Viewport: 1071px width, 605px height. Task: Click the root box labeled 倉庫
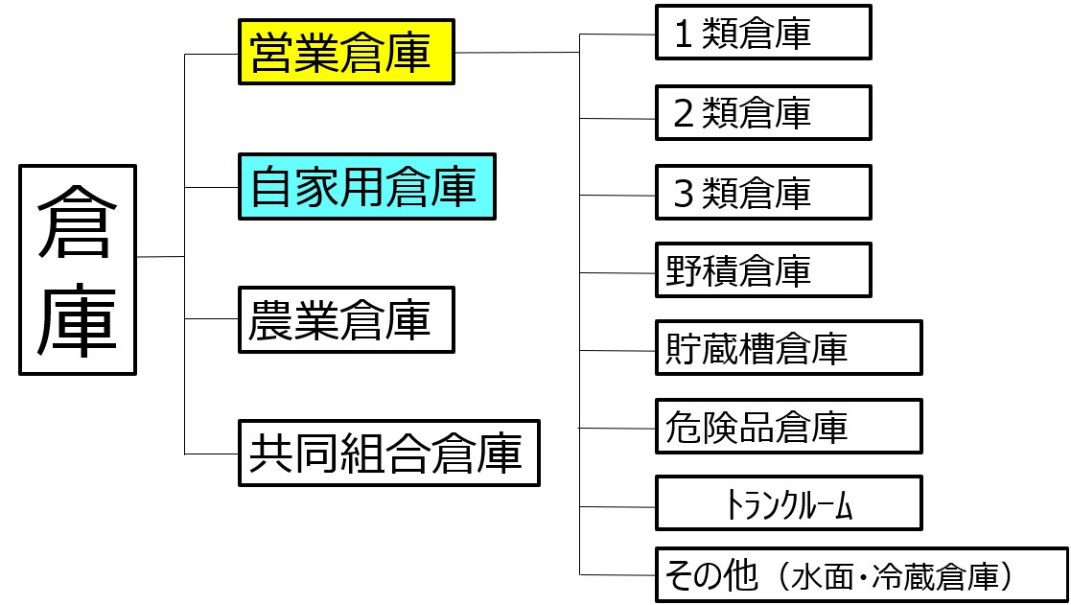(78, 269)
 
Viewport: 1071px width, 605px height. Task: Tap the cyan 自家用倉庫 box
(366, 187)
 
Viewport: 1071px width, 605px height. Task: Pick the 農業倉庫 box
(345, 320)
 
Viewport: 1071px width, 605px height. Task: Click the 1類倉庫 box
(762, 33)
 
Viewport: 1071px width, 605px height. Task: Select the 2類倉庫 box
(762, 112)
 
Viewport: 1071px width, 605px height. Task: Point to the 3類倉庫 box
(762, 193)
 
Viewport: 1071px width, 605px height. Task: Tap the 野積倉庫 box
(762, 270)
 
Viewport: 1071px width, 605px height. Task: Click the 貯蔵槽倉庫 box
(788, 347)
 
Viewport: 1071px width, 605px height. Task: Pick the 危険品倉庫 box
(788, 426)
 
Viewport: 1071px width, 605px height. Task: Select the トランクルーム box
(788, 503)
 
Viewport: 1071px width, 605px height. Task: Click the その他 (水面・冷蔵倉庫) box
(861, 575)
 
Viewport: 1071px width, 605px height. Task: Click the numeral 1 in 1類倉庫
(685, 35)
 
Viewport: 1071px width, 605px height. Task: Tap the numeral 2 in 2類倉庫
(685, 114)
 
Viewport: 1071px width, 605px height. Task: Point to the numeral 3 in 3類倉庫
(685, 195)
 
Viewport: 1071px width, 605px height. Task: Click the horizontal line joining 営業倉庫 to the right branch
(518, 52)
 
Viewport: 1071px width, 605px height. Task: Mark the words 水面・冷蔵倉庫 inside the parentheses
(896, 577)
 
